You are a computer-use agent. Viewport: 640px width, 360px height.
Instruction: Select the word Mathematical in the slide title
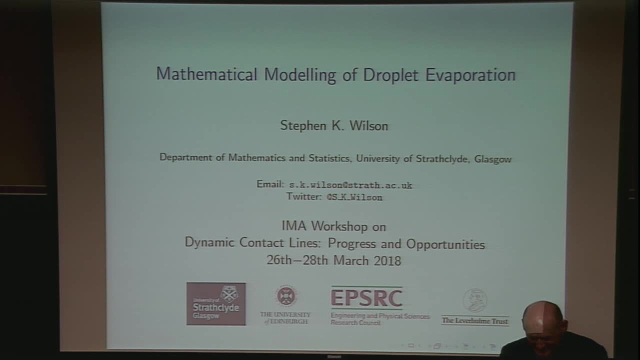click(206, 74)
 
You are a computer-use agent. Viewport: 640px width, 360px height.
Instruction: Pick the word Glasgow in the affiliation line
click(492, 159)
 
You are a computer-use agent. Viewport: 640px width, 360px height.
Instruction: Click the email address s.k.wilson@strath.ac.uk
click(350, 185)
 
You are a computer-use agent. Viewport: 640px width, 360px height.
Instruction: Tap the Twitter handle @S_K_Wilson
click(354, 197)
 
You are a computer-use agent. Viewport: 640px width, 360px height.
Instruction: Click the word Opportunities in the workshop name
click(445, 244)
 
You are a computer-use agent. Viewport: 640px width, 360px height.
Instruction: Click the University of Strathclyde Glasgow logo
click(216, 303)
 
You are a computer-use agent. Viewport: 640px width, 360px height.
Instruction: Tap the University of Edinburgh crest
click(286, 295)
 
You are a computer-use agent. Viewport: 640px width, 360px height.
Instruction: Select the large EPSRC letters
click(366, 298)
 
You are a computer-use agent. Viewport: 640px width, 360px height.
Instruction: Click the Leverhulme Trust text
click(474, 321)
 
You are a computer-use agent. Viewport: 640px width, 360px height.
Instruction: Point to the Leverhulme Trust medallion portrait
click(474, 300)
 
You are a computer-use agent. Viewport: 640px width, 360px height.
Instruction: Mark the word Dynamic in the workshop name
click(209, 243)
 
